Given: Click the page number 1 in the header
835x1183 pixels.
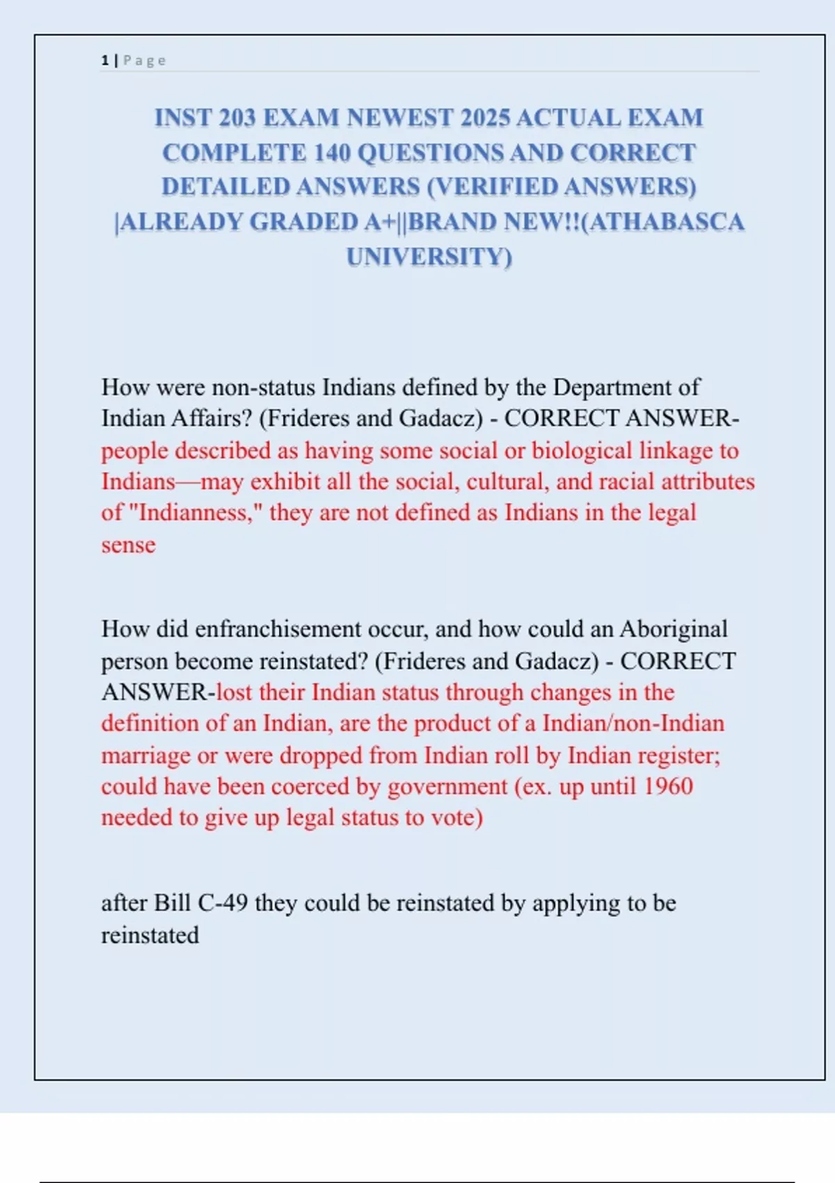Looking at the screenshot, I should coord(104,61).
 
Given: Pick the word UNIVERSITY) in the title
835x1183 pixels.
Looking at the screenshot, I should coord(429,257).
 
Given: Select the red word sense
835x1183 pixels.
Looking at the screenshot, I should coord(128,544).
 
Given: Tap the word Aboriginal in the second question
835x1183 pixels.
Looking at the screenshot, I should coord(673,629).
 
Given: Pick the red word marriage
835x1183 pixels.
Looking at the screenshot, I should coord(145,755).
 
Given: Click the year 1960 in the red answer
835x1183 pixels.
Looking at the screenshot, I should coord(667,786).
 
